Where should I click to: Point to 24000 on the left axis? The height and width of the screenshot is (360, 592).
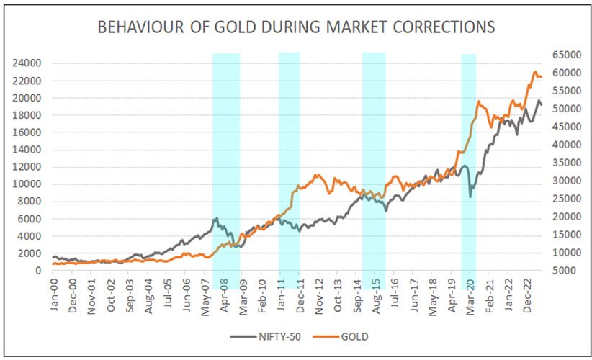27,63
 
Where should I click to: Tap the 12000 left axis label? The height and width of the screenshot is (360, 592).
27,167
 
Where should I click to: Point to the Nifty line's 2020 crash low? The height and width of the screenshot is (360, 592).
470,196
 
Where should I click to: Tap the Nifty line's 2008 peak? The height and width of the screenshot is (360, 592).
215,218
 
